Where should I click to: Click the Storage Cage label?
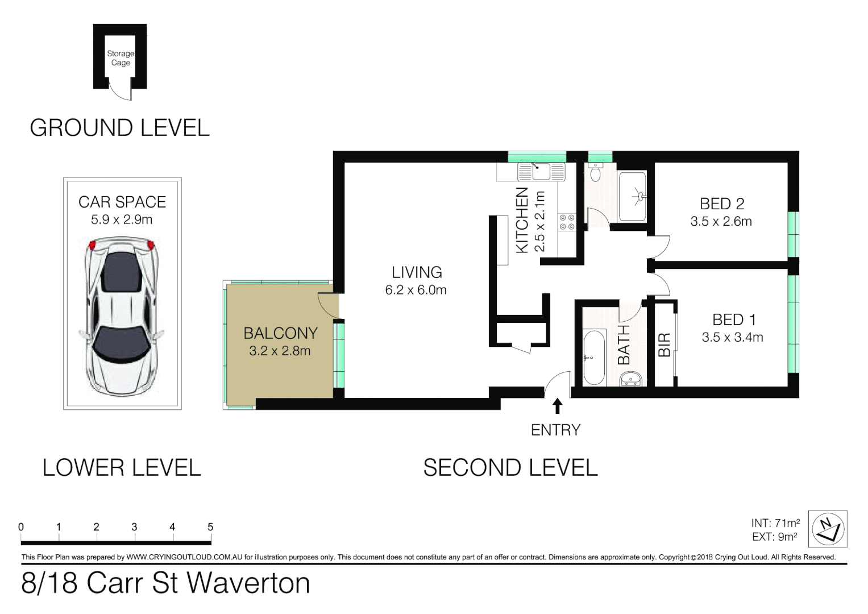coord(121,58)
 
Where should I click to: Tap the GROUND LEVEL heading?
coord(120,128)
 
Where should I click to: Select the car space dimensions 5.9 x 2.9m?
coord(122,220)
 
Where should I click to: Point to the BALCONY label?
coord(280,333)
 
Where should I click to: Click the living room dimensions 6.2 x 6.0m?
coord(416,290)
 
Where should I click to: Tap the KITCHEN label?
coord(522,221)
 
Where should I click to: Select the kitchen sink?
coord(541,171)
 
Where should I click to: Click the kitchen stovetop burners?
coord(567,222)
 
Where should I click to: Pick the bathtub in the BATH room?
coord(594,358)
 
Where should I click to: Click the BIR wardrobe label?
coord(664,345)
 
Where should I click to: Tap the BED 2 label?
coord(722,204)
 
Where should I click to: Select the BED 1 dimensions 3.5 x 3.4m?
coord(732,338)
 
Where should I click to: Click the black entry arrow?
coord(557,406)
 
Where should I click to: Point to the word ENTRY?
coord(555,430)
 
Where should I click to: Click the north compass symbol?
coord(827,529)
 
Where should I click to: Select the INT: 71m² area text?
coord(775,523)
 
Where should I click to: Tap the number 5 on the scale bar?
coord(210,527)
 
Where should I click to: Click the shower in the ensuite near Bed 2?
coord(632,197)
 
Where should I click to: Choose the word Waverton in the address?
coord(248,583)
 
